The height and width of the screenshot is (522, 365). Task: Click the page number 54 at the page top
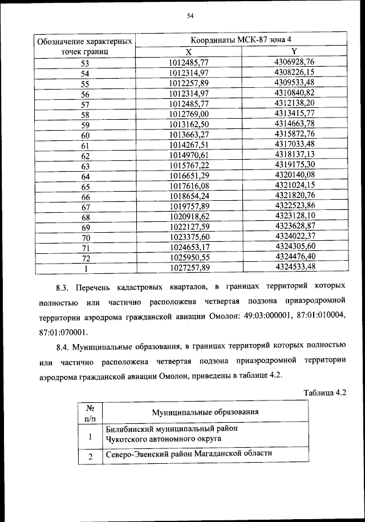coord(190,17)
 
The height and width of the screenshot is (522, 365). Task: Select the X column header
coord(189,51)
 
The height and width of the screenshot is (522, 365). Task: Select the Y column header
coord(294,51)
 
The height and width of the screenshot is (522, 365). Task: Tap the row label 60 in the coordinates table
coord(86,135)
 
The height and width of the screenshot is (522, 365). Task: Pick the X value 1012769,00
coord(189,114)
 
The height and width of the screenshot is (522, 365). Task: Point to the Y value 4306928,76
coord(294,62)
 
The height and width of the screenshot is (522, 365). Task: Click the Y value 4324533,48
coord(294,266)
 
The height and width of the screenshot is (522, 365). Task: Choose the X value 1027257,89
coord(189,267)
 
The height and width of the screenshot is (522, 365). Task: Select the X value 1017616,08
coord(189,187)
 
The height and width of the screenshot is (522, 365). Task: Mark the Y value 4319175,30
coord(294,165)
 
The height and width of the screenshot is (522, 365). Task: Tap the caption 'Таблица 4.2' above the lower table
coord(326,392)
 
